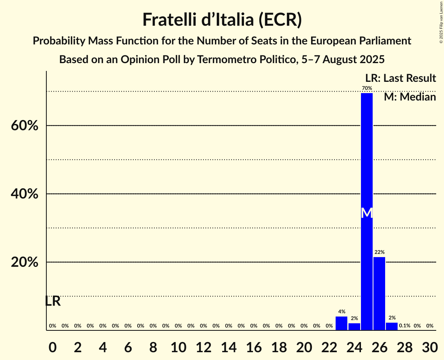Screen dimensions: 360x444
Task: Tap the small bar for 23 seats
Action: click(x=341, y=323)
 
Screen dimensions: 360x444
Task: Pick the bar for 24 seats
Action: click(x=354, y=326)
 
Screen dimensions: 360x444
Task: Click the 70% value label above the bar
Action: click(x=367, y=88)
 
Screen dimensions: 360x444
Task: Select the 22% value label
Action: click(x=379, y=252)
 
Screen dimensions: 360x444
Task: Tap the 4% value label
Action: click(x=341, y=312)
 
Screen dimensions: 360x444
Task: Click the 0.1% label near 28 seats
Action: click(x=405, y=326)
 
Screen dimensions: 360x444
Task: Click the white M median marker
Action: click(x=367, y=213)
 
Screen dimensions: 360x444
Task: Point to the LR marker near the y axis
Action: click(x=53, y=301)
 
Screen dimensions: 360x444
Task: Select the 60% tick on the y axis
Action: click(x=24, y=126)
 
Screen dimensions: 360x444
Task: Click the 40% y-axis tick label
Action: click(x=24, y=194)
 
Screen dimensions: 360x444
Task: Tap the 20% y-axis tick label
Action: click(x=24, y=262)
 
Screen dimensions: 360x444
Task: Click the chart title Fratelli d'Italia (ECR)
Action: click(x=222, y=19)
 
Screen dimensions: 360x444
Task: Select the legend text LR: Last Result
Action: click(x=400, y=78)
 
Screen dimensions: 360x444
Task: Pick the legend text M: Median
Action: click(x=410, y=97)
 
